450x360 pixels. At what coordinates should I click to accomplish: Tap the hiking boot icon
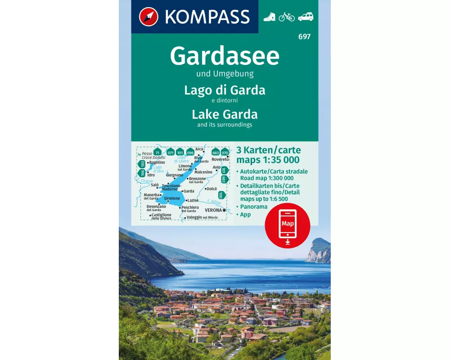[269, 17]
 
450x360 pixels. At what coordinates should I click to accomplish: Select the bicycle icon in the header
[287, 17]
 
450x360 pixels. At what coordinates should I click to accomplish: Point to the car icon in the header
[306, 17]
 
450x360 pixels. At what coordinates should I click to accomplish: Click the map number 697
[304, 37]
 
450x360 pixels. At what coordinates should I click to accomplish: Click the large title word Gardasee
[225, 56]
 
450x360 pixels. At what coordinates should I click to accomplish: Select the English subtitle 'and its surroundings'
[225, 125]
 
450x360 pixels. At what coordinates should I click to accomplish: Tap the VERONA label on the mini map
[214, 210]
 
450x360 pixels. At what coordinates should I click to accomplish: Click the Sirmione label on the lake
[172, 198]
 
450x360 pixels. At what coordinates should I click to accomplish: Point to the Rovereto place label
[220, 159]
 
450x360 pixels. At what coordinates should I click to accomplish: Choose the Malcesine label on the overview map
[204, 172]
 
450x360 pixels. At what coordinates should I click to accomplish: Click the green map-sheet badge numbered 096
[190, 153]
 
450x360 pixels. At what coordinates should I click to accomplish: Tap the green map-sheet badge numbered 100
[220, 195]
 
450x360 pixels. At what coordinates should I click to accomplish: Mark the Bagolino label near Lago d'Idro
[157, 162]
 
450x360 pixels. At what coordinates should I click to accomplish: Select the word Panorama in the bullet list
[254, 207]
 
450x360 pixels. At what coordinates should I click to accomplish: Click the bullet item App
[245, 215]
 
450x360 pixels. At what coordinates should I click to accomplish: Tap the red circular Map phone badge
[287, 225]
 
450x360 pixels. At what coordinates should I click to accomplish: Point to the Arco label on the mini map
[199, 149]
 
